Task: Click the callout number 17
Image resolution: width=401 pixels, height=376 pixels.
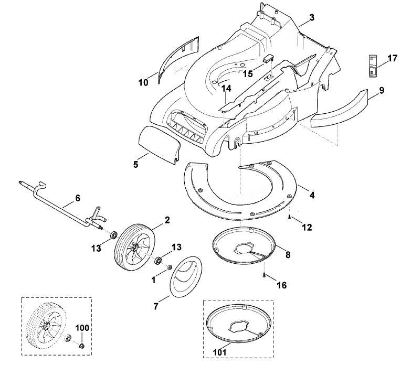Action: point(392,58)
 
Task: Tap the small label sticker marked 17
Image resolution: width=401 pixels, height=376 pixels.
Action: point(373,66)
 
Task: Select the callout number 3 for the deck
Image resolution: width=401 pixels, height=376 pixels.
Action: point(311,18)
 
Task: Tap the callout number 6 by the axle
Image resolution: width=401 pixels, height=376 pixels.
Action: point(78,198)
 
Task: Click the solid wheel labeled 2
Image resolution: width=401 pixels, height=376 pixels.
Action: point(135,247)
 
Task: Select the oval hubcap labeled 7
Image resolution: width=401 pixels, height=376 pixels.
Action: point(186,277)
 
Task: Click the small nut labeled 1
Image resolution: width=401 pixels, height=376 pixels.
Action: point(169,267)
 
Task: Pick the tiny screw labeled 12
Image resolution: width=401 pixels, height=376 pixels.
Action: point(289,217)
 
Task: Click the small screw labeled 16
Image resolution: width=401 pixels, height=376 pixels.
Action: point(264,275)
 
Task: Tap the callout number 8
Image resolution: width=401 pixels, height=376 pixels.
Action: point(288,255)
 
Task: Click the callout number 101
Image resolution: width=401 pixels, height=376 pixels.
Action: point(220,352)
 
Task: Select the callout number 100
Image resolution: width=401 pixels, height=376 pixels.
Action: point(82,328)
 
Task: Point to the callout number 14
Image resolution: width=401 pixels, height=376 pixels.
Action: point(226,89)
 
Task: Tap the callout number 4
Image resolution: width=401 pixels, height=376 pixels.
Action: point(312,196)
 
